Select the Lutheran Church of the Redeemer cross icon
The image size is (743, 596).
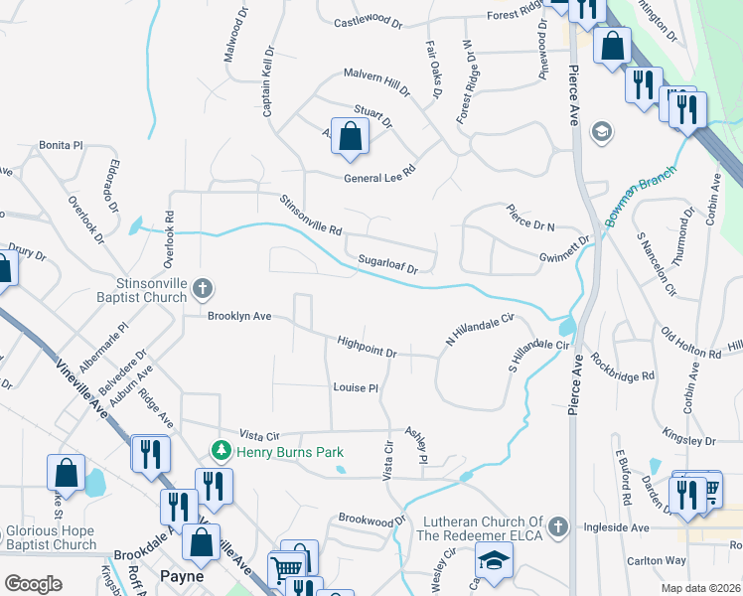click(x=557, y=524)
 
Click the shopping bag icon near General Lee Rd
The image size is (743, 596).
click(x=350, y=137)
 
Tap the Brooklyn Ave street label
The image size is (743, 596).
click(x=239, y=316)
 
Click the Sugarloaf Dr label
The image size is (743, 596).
click(x=388, y=263)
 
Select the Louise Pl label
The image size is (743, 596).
click(x=356, y=387)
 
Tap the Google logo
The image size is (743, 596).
click(x=33, y=584)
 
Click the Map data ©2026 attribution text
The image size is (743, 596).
click(x=701, y=588)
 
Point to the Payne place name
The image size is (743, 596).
click(x=182, y=576)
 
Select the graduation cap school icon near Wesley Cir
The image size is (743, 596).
click(x=494, y=561)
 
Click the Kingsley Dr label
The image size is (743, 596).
click(x=688, y=439)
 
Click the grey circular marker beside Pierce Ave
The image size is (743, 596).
click(x=601, y=131)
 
